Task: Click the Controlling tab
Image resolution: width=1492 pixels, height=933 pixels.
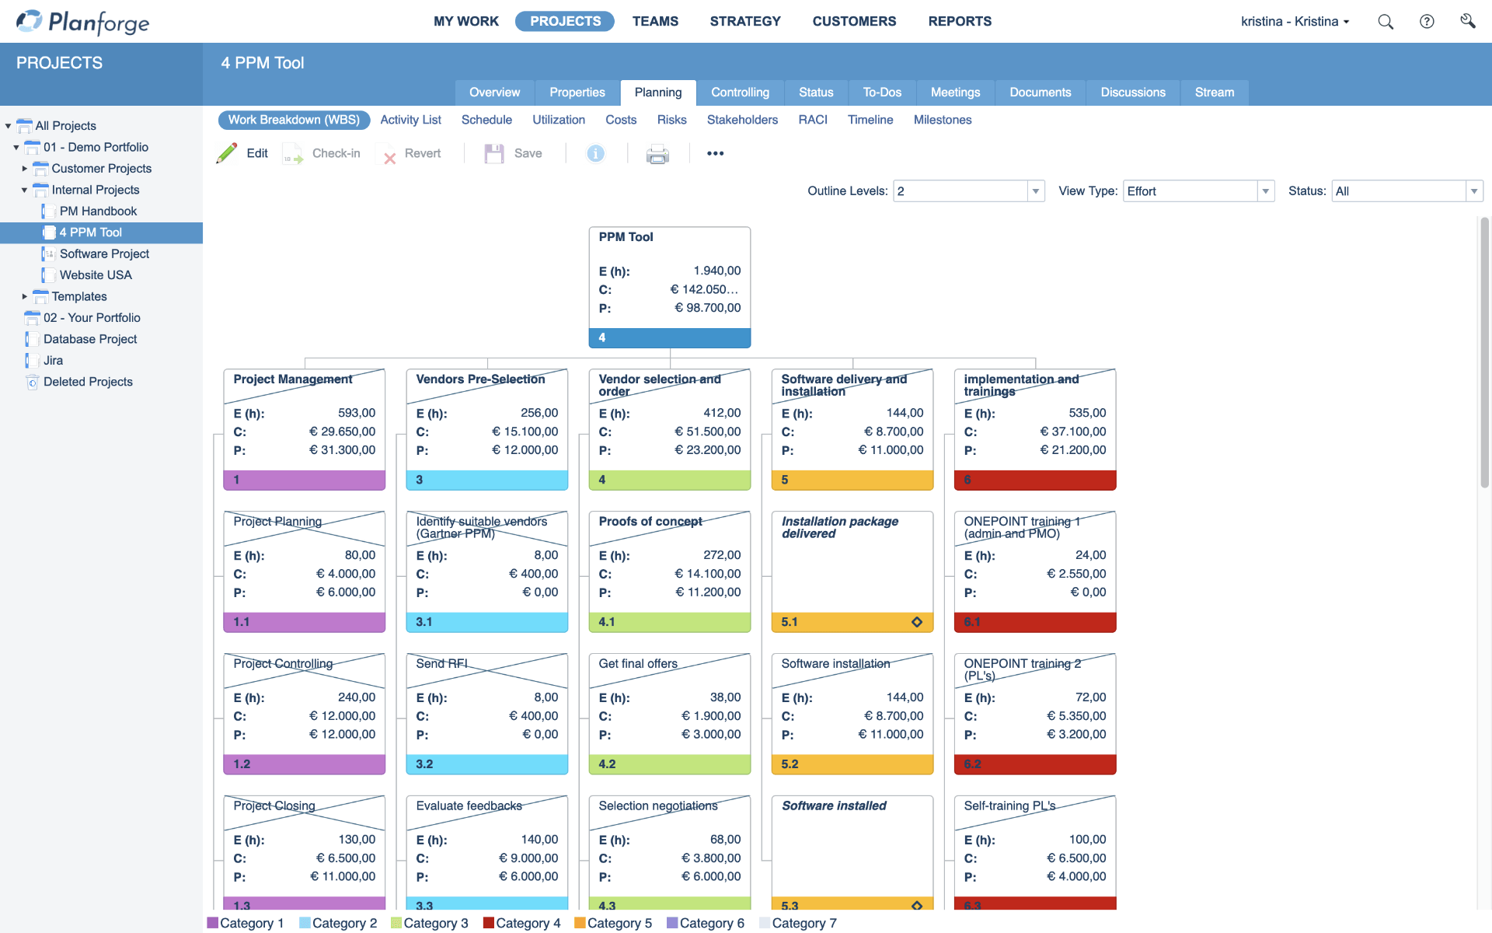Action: click(x=739, y=93)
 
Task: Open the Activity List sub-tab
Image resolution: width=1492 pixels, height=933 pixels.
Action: click(x=410, y=120)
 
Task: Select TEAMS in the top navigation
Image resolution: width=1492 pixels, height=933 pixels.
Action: click(x=654, y=21)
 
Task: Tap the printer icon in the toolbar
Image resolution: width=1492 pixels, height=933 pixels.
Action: click(x=657, y=154)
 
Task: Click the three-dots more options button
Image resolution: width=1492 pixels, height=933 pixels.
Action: click(x=715, y=154)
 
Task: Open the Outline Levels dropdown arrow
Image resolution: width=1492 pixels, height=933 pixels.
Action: click(x=1035, y=191)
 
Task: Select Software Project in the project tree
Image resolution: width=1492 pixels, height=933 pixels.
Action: click(x=104, y=253)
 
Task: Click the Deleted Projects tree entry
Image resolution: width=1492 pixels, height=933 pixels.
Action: click(x=88, y=382)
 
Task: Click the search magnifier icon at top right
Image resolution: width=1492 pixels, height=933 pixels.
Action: click(x=1385, y=22)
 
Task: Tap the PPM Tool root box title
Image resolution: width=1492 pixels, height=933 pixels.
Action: click(x=626, y=237)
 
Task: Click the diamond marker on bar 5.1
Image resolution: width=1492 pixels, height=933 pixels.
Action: click(x=917, y=622)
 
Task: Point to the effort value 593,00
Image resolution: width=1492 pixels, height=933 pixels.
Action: click(x=356, y=413)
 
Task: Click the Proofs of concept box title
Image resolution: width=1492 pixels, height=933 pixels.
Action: click(x=650, y=522)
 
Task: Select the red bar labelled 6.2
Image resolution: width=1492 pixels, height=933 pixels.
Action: click(x=1034, y=764)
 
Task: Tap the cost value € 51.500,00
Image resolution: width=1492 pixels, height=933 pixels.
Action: click(x=707, y=432)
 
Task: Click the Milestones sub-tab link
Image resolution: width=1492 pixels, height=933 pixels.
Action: click(x=942, y=120)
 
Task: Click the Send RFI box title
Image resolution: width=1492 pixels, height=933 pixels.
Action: click(x=441, y=664)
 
